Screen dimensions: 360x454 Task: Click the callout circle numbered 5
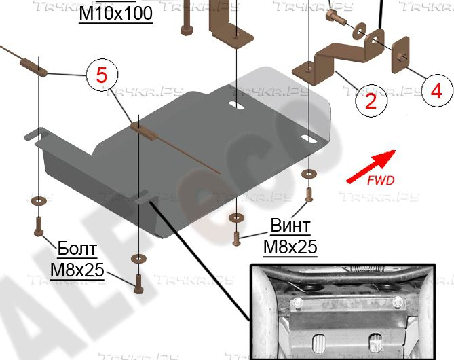(x=101, y=75)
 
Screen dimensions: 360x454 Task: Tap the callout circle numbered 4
(x=434, y=90)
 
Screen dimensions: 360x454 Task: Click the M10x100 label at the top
(x=115, y=14)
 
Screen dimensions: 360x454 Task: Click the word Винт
(x=290, y=226)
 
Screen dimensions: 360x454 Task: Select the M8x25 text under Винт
(x=290, y=247)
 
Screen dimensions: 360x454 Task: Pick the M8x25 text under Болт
(x=77, y=271)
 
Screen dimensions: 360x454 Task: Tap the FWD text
(x=379, y=181)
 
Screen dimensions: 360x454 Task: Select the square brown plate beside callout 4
(x=400, y=56)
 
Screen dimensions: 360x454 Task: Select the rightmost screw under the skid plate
(x=309, y=195)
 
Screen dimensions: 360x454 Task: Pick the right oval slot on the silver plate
(x=309, y=139)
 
